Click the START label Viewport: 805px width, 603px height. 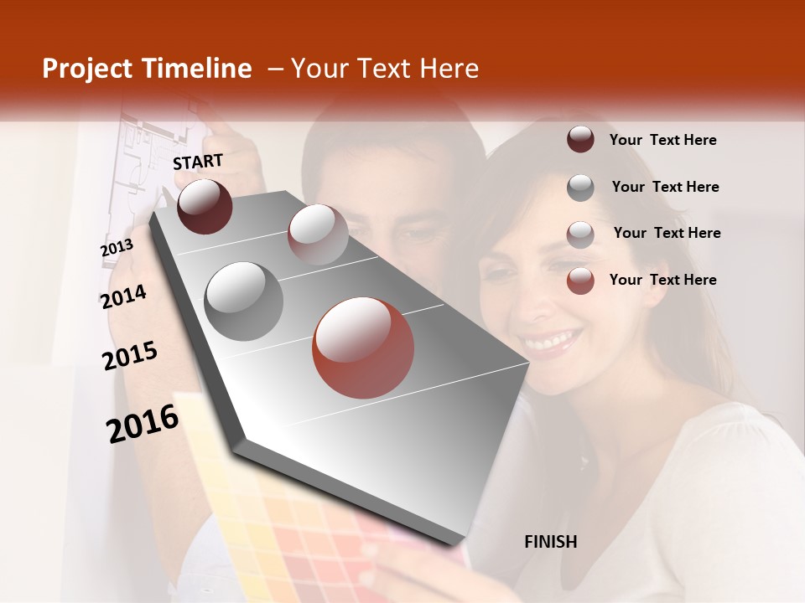click(198, 162)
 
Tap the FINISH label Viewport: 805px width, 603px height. click(551, 542)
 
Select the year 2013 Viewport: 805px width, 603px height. click(117, 248)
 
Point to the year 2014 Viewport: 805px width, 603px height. click(123, 296)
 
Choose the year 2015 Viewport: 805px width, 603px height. click(130, 356)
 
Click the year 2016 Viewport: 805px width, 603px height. click(143, 423)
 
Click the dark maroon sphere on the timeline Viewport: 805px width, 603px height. click(205, 206)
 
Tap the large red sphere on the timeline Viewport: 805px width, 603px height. click(363, 348)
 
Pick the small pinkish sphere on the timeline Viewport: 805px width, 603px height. click(318, 234)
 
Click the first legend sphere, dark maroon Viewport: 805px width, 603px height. click(580, 140)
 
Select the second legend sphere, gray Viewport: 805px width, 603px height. click(580, 188)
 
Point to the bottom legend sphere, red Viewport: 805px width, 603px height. click(580, 281)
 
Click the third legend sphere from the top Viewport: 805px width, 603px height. click(580, 234)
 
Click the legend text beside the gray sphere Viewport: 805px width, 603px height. click(665, 187)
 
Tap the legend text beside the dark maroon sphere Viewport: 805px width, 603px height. click(662, 140)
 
